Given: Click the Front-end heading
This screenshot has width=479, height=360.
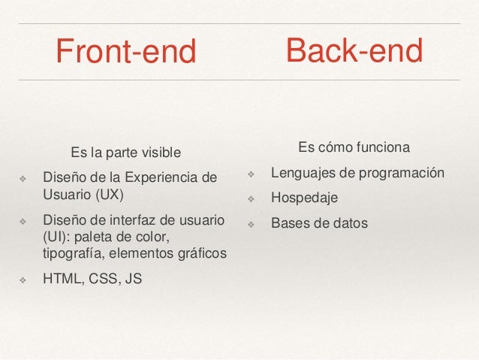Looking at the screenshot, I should click(125, 52).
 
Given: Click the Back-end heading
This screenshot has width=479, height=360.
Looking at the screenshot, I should click(354, 50).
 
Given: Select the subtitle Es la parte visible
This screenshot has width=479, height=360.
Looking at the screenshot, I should click(125, 153).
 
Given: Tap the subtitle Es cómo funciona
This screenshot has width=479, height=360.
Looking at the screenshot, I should click(354, 146).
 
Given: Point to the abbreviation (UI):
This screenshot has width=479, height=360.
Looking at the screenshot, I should click(57, 237).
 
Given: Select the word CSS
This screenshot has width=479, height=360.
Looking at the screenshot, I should click(105, 279).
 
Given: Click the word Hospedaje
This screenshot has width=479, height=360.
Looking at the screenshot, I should click(304, 198).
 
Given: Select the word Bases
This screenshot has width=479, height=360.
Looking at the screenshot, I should click(289, 223).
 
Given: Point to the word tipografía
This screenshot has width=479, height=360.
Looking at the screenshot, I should click(76, 253).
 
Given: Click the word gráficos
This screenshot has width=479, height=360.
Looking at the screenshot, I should click(200, 253).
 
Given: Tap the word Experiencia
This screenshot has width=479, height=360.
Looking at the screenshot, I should click(155, 178).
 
